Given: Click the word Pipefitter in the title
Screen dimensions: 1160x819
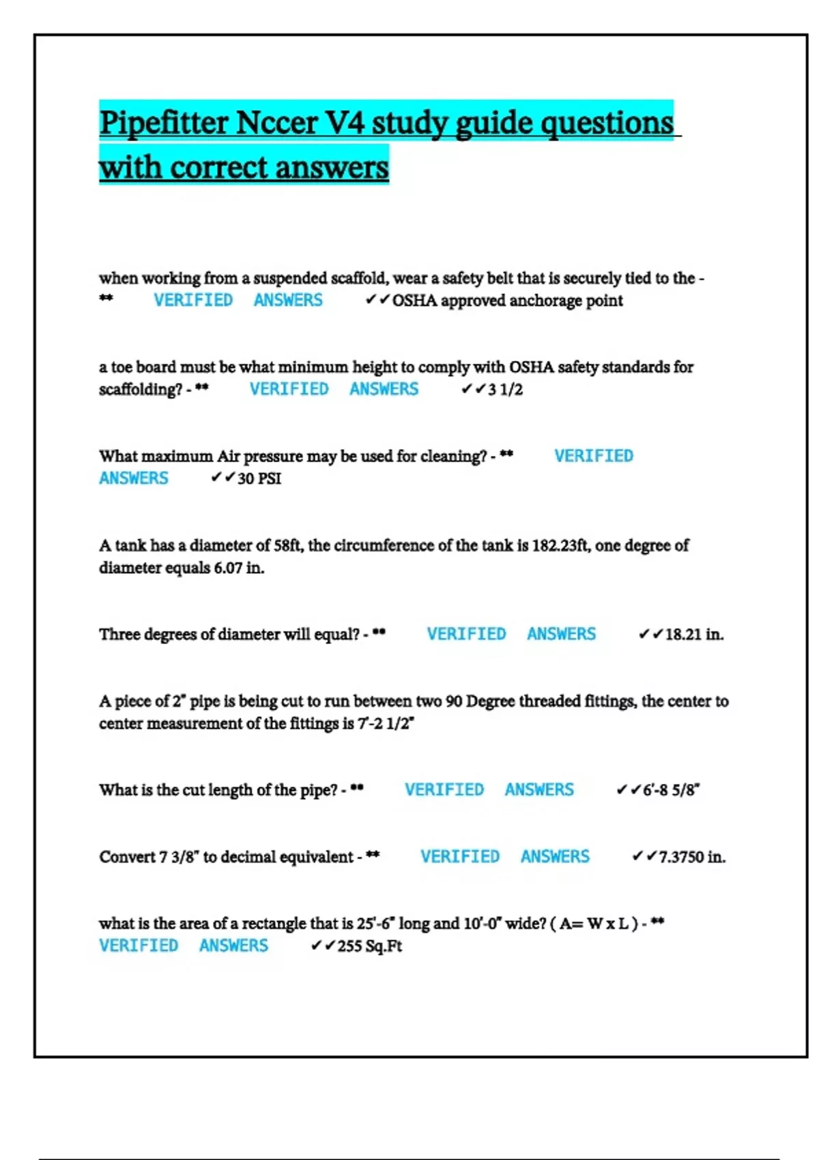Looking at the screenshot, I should click(x=163, y=124).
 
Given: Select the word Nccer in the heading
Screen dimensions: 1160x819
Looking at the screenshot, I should click(x=276, y=124).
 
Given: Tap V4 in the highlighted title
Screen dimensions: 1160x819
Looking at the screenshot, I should click(x=345, y=124).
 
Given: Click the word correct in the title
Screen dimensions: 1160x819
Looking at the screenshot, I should click(x=218, y=167).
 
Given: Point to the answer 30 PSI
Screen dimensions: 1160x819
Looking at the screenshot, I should click(x=259, y=478).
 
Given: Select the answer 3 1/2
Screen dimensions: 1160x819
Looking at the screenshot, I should click(x=505, y=390).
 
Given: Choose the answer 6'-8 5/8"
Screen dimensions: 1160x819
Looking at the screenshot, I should click(x=671, y=790).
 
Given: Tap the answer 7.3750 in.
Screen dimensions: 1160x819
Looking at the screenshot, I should click(x=692, y=857).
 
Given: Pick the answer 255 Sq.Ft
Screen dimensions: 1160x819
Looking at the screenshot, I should click(x=369, y=946).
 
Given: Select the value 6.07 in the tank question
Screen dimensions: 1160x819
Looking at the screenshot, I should click(x=228, y=568).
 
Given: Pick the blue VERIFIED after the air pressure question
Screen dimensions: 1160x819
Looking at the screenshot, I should click(x=593, y=456).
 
